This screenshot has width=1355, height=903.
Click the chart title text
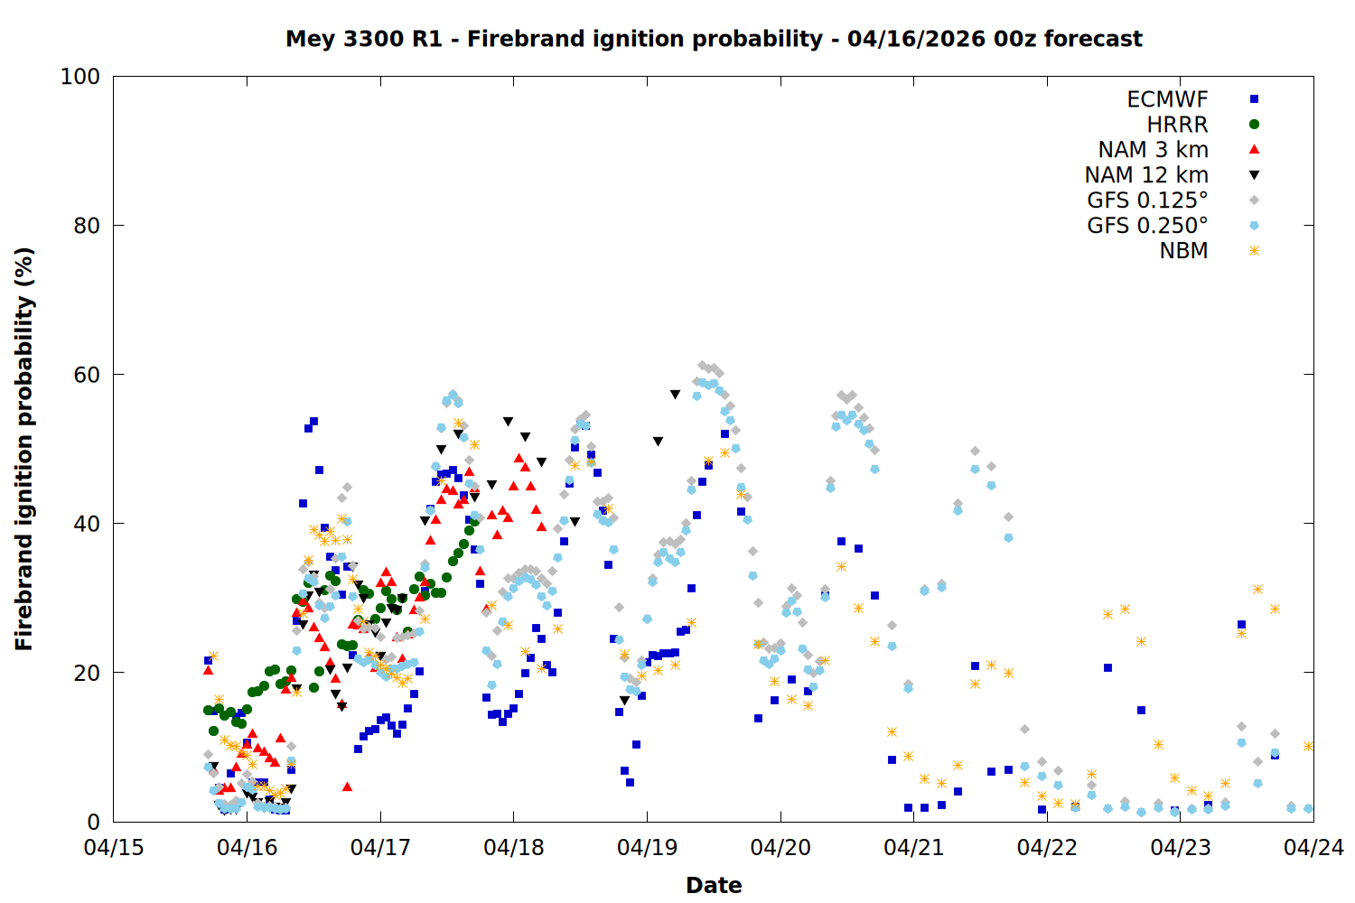(x=714, y=39)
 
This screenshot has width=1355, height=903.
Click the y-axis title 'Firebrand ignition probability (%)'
(x=24, y=449)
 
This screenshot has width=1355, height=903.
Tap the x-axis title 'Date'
(x=714, y=885)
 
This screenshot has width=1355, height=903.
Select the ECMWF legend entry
(x=1167, y=99)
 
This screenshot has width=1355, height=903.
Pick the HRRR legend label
(x=1177, y=125)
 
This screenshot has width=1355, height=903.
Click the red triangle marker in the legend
(x=1254, y=150)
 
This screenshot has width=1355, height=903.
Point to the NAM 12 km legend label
(x=1146, y=175)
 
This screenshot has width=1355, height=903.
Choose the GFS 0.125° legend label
(x=1147, y=200)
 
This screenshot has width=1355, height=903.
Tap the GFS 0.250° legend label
(x=1147, y=226)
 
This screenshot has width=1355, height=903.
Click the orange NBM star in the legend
(x=1254, y=251)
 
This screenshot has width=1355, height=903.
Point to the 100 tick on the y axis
(x=80, y=77)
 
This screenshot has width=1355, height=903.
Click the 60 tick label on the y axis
(x=87, y=375)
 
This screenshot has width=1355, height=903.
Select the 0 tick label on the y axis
(x=93, y=822)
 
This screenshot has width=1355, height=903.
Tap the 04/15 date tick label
(x=114, y=848)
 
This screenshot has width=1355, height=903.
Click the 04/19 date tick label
(x=647, y=848)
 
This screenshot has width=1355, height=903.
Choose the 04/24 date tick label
(x=1313, y=848)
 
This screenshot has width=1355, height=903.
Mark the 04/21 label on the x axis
(x=913, y=848)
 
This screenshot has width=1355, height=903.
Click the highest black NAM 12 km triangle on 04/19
(x=675, y=395)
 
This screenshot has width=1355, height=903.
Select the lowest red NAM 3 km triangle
(x=347, y=787)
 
